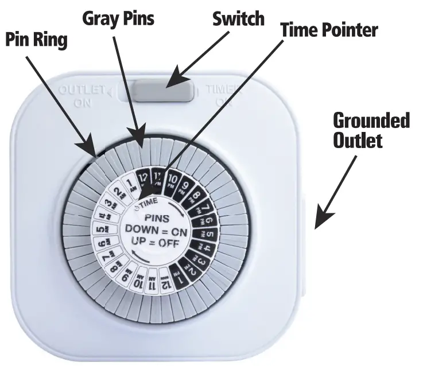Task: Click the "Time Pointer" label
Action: click(x=329, y=29)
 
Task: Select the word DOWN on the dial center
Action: click(x=137, y=231)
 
